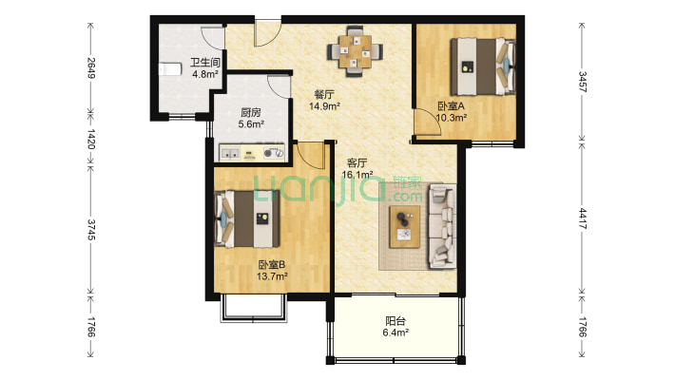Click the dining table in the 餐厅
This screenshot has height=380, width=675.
point(355,51)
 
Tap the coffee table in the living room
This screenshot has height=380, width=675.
point(405,227)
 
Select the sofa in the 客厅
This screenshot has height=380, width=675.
point(442,226)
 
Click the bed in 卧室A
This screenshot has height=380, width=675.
point(483,66)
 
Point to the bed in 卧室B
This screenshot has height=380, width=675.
point(247,219)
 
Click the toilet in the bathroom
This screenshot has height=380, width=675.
point(170,69)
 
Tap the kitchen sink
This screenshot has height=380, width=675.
point(230,152)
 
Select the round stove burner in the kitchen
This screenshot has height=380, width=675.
point(269,152)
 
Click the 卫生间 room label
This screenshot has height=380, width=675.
point(205,63)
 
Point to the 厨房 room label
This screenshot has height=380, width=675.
point(251,113)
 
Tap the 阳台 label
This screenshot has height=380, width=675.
point(395,321)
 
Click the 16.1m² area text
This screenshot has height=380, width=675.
point(357,175)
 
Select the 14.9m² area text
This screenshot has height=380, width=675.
point(324,105)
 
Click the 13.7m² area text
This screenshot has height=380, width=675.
point(272,276)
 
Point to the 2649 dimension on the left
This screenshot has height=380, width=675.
point(91,68)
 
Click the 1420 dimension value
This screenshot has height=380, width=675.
point(91,139)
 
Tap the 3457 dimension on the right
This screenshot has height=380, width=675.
point(582,82)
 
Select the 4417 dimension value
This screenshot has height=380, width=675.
point(582,218)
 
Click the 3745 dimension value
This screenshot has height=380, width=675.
point(91,230)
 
